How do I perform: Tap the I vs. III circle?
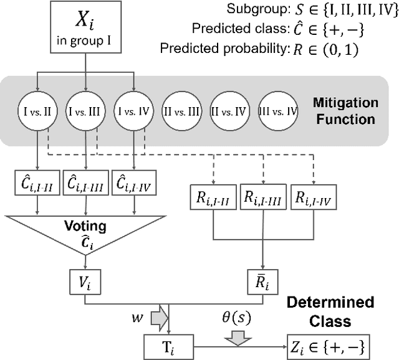click(x=85, y=111)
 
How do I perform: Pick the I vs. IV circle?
click(x=133, y=111)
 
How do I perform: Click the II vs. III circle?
click(x=181, y=111)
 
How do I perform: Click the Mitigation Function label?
click(x=345, y=111)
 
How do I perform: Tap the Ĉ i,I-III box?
click(x=85, y=184)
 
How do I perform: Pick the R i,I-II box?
click(x=214, y=199)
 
